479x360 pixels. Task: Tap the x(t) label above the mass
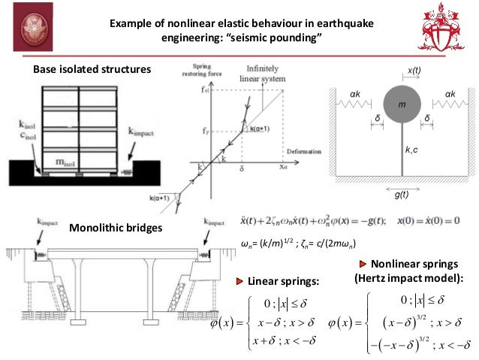pos(414,71)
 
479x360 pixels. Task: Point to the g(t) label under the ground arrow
pos(403,194)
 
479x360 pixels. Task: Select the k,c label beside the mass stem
pos(412,151)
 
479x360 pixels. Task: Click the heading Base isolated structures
pos(92,70)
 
